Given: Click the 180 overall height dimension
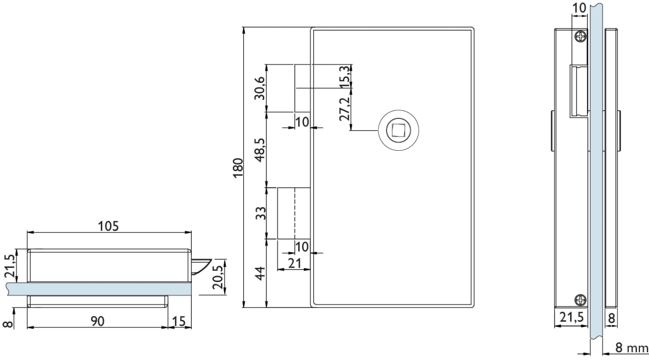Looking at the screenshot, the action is coord(238,168).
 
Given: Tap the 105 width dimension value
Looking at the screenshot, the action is coord(108,226).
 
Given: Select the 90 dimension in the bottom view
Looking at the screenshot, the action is coord(97,321).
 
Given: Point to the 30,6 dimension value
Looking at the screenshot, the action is coord(260,88).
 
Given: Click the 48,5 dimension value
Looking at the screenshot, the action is coord(260,150).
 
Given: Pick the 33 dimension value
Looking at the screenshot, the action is coord(261,213).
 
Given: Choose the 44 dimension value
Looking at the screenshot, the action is coord(261,274).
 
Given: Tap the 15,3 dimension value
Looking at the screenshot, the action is coord(344,77).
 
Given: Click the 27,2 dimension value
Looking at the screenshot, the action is coord(344,109).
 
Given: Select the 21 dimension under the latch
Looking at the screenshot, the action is coord(295,263).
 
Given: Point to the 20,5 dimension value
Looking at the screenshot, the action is coord(218,277).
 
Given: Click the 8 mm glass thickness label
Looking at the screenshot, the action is coord(632,347).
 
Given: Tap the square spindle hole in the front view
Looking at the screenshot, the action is coord(398,130).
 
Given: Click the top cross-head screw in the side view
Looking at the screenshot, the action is coord(581,36).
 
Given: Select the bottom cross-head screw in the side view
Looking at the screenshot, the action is coord(581,300).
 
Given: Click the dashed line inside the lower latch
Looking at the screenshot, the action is coord(295,213).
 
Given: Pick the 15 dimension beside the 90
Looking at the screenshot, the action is coord(179,321).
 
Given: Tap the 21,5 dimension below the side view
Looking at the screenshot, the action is coord(572,317).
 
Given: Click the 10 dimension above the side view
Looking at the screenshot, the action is coord(579,8).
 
